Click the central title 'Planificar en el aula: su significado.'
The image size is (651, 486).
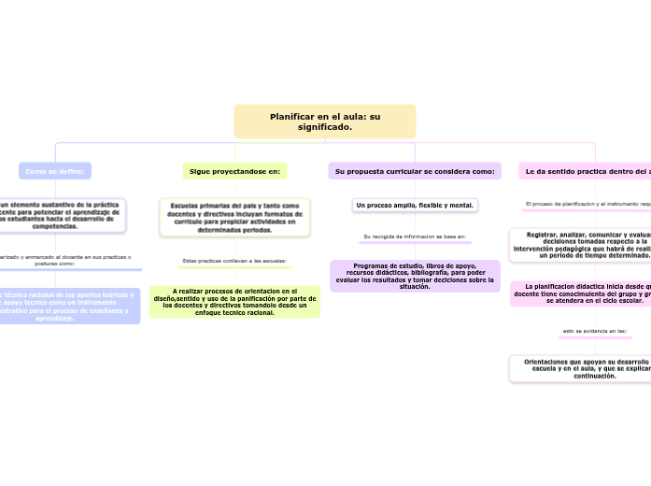point(324,121)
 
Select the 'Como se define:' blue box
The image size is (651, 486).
point(55,171)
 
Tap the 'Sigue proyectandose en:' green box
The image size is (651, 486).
point(234,171)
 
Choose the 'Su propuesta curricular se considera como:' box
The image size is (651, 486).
point(415,171)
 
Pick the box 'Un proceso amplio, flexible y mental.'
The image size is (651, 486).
point(415,205)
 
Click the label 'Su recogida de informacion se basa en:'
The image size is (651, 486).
point(415,236)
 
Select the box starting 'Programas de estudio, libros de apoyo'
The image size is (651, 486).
point(415,276)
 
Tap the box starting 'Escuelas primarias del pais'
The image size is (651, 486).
point(234,217)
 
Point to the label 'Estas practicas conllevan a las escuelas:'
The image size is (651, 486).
point(234,261)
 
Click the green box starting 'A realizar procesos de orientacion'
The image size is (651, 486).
point(234,301)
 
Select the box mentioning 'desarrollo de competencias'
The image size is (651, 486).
point(60,215)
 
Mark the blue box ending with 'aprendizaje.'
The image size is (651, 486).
point(65,306)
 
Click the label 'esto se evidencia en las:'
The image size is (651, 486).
point(594,331)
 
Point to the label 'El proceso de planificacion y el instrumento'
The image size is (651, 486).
point(587,203)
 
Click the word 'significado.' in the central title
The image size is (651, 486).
point(324,127)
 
